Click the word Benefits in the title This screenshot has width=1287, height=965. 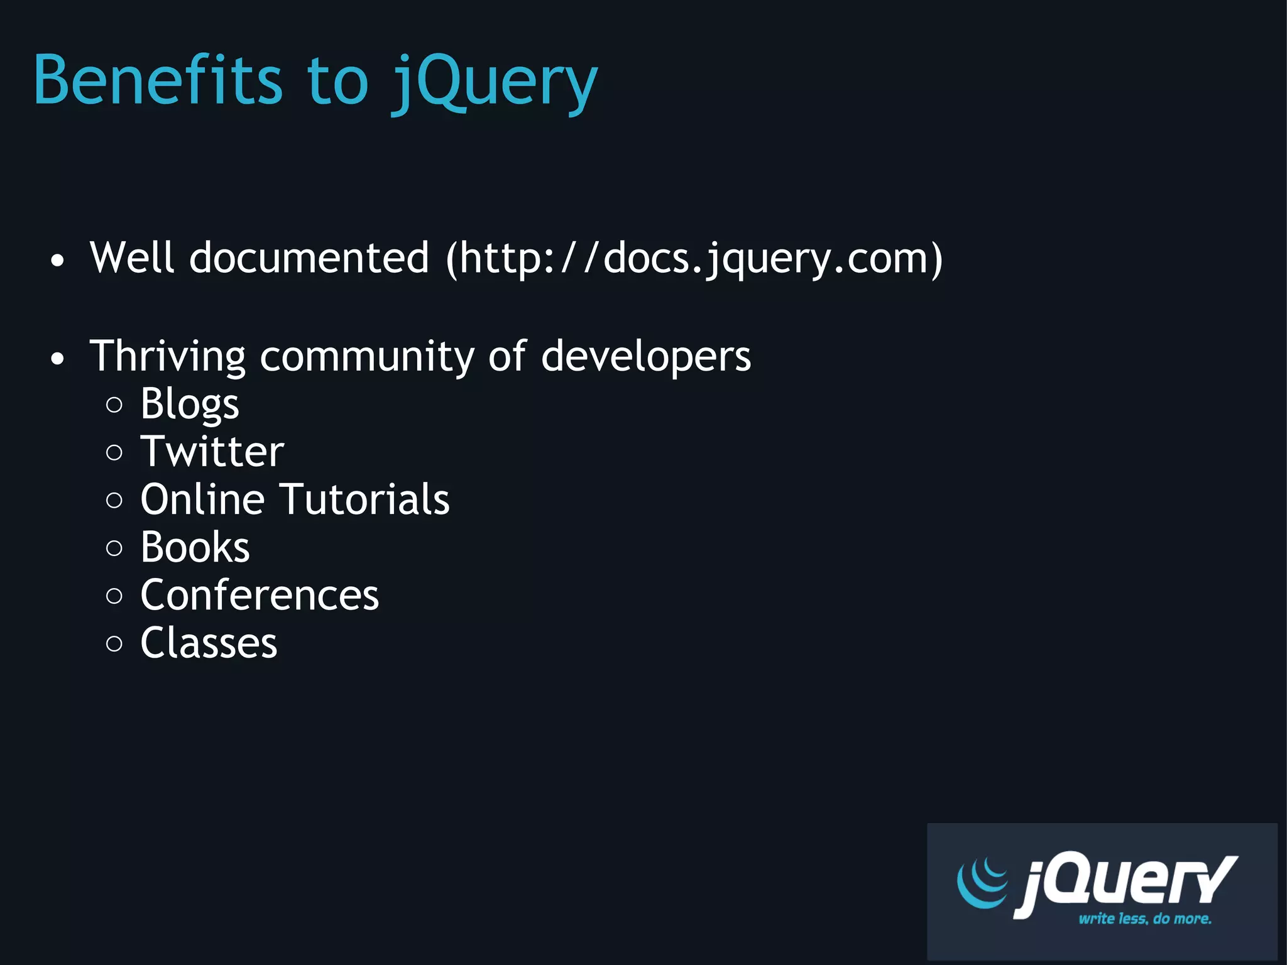pyautogui.click(x=158, y=80)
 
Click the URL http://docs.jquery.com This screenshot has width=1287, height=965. pyautogui.click(x=694, y=258)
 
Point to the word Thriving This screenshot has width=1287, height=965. pyautogui.click(x=167, y=356)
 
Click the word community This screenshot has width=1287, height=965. pyautogui.click(x=367, y=356)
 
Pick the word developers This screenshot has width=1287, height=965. pyautogui.click(x=645, y=356)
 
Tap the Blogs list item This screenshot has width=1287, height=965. pyautogui.click(x=190, y=404)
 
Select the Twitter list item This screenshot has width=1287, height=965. pyautogui.click(x=212, y=452)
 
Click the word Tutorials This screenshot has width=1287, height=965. pyautogui.click(x=364, y=499)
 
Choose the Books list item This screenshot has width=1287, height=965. pyautogui.click(x=195, y=547)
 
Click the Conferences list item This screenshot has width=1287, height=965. pyautogui.click(x=260, y=595)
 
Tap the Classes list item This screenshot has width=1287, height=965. pyautogui.click(x=209, y=643)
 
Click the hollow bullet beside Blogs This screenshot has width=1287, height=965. pyautogui.click(x=114, y=405)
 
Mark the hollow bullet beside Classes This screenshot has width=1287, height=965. pyautogui.click(x=114, y=644)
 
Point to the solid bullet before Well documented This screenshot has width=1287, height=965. pyautogui.click(x=58, y=261)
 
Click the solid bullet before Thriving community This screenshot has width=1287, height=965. pyautogui.click(x=58, y=359)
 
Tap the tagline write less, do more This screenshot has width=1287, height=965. pyautogui.click(x=1144, y=919)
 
